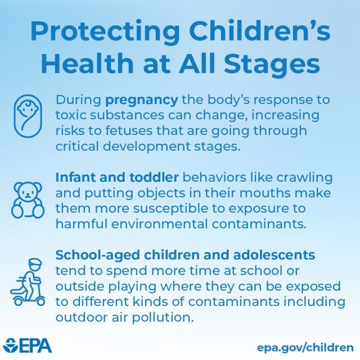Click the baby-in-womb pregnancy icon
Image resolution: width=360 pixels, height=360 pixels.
click(x=28, y=118)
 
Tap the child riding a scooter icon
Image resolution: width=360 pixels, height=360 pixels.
click(x=28, y=281)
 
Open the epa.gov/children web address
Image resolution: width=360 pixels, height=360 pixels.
click(x=305, y=346)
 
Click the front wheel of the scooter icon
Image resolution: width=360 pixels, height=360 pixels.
click(x=41, y=301)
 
